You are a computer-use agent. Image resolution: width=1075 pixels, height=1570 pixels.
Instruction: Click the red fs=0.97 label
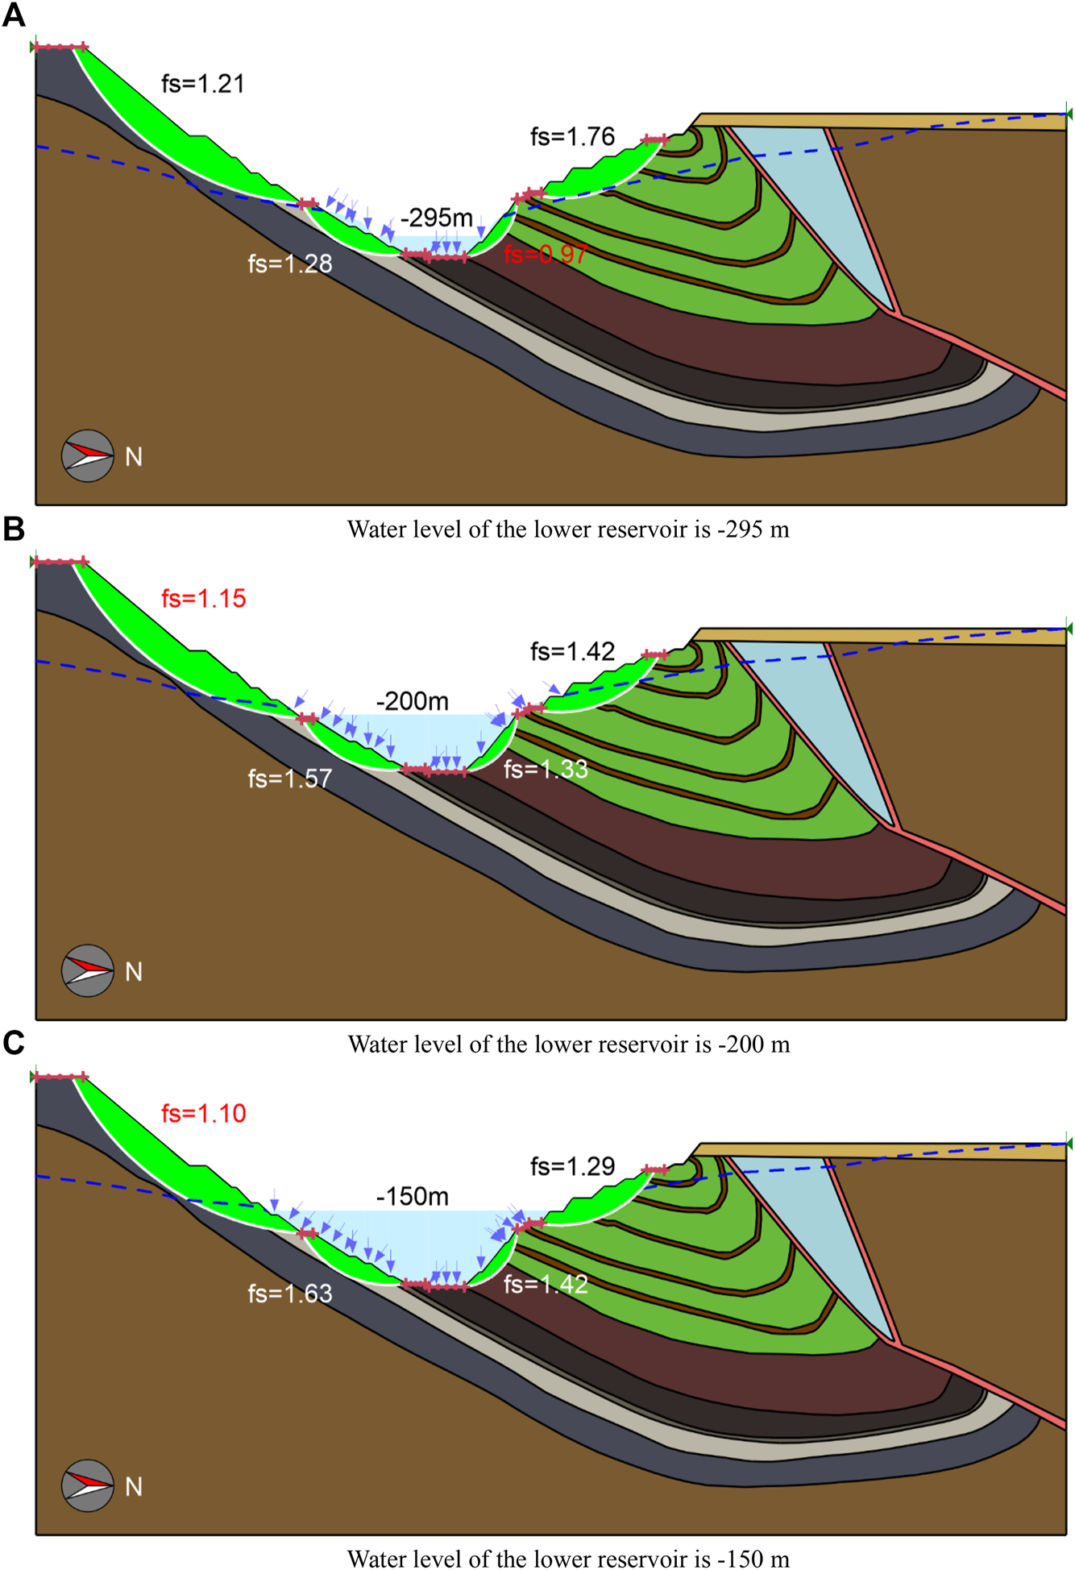point(546,255)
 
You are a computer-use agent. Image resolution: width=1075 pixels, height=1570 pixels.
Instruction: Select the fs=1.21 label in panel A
point(203,84)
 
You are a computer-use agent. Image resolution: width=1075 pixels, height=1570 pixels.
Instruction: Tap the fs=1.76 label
point(572,137)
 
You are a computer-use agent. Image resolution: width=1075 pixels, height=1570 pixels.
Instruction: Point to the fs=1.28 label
point(290,264)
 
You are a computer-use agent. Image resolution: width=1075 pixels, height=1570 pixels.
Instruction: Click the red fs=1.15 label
point(203,599)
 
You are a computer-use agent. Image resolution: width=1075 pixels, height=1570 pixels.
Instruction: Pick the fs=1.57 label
point(290,779)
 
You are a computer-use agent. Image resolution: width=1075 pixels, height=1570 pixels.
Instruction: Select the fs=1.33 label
point(546,770)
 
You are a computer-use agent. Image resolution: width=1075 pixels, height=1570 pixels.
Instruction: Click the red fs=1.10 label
point(203,1114)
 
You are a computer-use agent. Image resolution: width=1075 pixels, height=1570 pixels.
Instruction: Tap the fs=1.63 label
point(290,1294)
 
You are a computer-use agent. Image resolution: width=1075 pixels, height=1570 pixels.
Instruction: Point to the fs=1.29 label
point(572,1166)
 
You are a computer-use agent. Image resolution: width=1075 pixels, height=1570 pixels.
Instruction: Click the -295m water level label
point(437,218)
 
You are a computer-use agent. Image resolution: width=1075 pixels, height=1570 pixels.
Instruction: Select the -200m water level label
point(413,701)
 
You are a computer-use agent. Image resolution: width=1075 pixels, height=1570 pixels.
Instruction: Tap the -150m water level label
point(413,1197)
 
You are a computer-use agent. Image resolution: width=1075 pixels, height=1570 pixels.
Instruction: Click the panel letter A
point(14,15)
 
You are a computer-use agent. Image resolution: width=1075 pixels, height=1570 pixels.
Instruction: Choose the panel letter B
point(14,530)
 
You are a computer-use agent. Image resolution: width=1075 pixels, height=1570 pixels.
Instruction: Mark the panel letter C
point(14,1043)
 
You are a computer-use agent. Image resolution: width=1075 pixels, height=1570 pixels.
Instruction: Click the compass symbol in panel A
point(88,456)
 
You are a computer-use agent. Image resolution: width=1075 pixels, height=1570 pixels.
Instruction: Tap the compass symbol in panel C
point(88,1485)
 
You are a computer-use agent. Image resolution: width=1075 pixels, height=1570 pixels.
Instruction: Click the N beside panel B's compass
point(134,972)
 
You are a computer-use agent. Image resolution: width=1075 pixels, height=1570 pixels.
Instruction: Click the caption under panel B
point(568,1045)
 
